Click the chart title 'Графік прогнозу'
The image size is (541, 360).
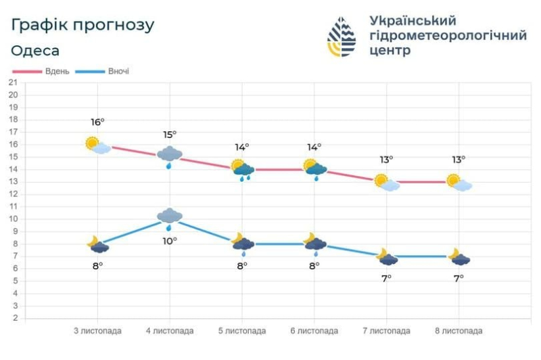coord(83,25)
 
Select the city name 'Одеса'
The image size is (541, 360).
coord(35,51)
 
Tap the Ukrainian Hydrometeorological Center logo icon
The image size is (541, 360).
coord(342,37)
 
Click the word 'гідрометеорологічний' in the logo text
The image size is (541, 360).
coord(448,36)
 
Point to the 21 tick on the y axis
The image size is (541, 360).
coord(12,82)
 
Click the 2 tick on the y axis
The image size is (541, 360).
coord(14,318)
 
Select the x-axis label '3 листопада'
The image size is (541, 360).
coord(97,331)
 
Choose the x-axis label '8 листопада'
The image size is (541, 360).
coord(458,331)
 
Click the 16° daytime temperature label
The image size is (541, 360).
coord(97,122)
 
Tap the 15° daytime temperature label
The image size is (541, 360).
coord(170,135)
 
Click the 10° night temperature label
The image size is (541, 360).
coord(170,240)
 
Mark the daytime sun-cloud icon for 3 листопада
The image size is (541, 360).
coord(97,145)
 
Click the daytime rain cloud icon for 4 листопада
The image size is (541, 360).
coord(170,156)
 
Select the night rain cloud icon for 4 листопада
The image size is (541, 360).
coord(170,219)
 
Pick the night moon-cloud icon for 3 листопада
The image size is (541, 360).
coord(97,244)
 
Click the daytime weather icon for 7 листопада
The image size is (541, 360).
coord(386,182)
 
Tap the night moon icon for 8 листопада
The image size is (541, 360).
coord(458,256)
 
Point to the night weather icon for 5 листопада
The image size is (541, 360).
coord(242,244)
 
